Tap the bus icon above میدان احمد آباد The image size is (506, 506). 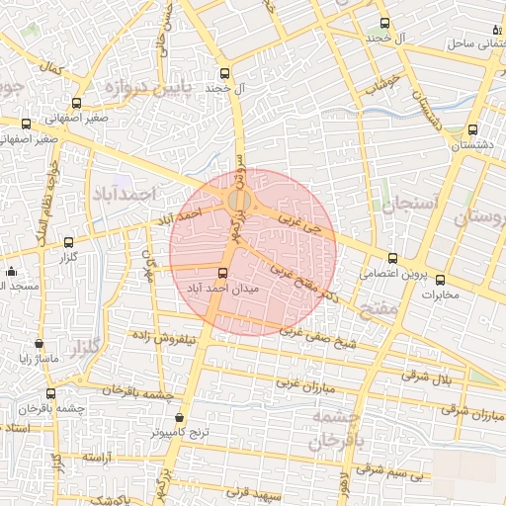pos(222,273)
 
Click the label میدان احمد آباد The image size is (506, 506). pos(222,288)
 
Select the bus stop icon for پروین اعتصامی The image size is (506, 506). pos(392,258)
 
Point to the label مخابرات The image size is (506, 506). pos(428,294)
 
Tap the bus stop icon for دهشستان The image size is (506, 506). pos(471,129)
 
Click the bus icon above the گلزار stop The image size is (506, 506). pos(68,242)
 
